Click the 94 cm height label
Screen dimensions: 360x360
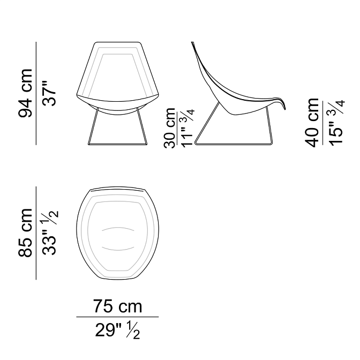25,93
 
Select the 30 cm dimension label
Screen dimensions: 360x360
170,127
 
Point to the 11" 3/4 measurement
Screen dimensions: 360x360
188,127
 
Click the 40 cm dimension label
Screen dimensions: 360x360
312,122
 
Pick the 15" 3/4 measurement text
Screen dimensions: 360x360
336,122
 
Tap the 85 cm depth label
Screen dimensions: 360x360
25,232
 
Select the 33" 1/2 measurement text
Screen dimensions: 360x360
50,232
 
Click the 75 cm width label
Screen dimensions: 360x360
117,306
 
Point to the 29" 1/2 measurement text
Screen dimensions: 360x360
117,330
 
